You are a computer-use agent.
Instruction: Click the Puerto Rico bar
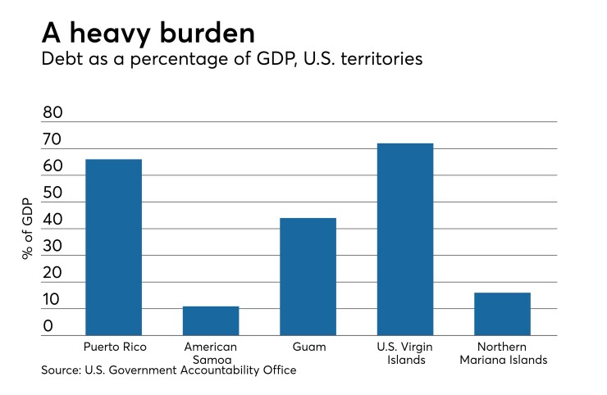click(x=113, y=247)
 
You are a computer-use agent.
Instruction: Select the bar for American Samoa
click(x=211, y=320)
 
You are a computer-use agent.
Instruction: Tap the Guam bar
click(x=308, y=276)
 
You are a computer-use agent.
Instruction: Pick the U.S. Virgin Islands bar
click(x=404, y=238)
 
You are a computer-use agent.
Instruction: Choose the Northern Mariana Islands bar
click(x=502, y=313)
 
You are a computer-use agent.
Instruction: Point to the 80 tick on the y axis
click(x=52, y=113)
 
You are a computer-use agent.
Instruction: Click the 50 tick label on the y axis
click(x=52, y=193)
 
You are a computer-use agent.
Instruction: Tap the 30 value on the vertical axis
click(x=52, y=247)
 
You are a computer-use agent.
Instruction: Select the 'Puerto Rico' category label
click(x=113, y=347)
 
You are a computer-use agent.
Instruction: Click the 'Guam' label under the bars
click(x=308, y=347)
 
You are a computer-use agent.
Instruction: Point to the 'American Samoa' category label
click(x=211, y=353)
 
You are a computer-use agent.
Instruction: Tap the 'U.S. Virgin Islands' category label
click(x=404, y=353)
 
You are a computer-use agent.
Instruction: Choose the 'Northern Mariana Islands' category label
click(x=502, y=353)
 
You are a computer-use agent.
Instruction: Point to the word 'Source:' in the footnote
click(x=62, y=370)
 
